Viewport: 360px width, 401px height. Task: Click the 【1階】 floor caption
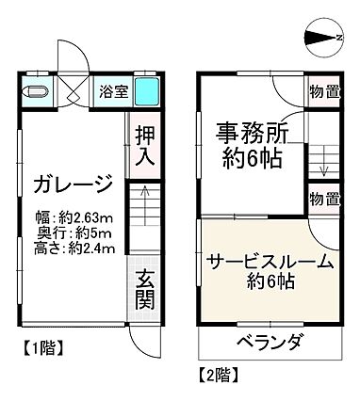point(40,347)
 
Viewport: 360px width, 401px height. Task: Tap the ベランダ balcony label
point(270,341)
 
